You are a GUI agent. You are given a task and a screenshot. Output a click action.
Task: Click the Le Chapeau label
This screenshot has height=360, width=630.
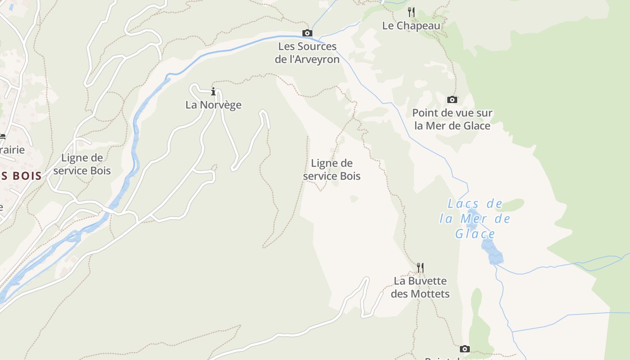coord(411,26)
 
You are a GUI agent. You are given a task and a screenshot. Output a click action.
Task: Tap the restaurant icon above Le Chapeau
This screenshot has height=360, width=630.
coord(411,12)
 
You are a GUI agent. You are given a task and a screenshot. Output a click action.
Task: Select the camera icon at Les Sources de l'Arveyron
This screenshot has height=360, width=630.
coord(307,33)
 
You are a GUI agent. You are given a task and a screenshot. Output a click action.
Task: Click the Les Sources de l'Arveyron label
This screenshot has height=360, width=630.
coord(307,53)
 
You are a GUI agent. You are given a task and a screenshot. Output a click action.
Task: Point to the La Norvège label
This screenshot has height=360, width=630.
coord(213,105)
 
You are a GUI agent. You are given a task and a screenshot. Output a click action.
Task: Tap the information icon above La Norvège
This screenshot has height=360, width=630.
coord(213,92)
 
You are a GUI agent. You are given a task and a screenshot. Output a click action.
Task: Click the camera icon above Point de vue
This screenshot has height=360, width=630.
coord(452,99)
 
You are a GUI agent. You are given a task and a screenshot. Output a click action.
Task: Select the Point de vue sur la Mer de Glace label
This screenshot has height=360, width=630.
coord(452,119)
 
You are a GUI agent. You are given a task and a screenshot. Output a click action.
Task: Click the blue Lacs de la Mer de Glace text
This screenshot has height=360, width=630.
coord(475,219)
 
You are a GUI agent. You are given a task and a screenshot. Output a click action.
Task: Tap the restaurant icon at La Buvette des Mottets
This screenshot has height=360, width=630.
coord(420,268)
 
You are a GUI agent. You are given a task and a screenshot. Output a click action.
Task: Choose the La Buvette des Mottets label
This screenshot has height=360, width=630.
coord(420,287)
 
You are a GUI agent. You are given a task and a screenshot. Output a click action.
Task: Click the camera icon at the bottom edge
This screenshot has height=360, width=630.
coord(465,349)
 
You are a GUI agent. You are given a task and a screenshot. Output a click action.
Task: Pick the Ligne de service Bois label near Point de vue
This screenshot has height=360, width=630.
coord(332,170)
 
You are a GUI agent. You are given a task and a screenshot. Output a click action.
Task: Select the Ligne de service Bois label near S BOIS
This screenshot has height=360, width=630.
coord(82,164)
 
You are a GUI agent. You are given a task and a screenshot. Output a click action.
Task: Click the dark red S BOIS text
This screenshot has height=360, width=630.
coord(21,176)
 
